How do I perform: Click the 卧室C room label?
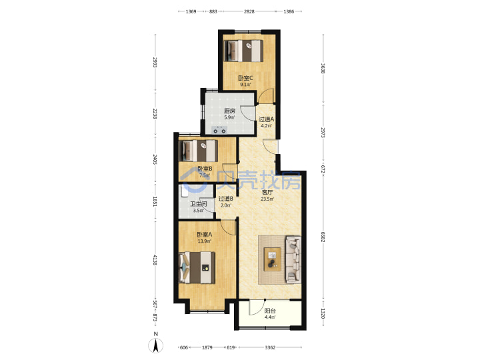(245, 78)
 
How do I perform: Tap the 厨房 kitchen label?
(229, 111)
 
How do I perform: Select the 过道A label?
(266, 119)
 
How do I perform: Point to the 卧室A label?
(205, 235)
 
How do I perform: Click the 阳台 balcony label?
(270, 311)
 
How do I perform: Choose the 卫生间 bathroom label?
(199, 204)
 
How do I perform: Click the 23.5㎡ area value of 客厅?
(267, 199)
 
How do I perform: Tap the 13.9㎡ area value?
(204, 241)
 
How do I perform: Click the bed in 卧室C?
(244, 51)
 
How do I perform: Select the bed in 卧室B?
(199, 151)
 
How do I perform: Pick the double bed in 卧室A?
(197, 267)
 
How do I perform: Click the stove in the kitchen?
(219, 130)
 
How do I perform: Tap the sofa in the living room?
(293, 259)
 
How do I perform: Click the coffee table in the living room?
(273, 259)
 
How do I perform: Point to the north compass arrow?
(156, 346)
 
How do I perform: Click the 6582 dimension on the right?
(323, 237)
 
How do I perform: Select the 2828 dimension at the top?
(249, 11)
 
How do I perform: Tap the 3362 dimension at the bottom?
(270, 347)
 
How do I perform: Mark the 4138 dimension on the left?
(155, 260)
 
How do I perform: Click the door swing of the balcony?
(256, 307)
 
